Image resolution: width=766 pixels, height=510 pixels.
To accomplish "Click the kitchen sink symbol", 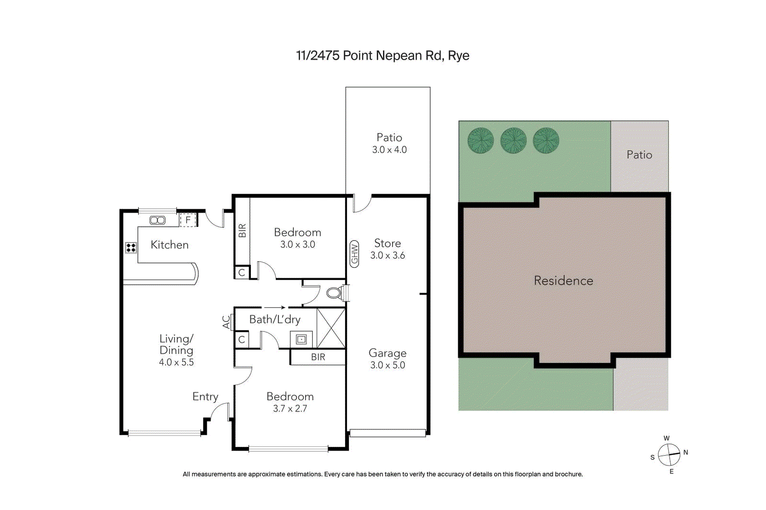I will (158, 220).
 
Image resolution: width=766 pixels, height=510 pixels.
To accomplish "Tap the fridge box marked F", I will (188, 220).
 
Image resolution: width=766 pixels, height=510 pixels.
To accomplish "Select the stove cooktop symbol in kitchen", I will (131, 248).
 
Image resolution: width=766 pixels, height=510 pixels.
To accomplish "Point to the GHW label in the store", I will (354, 254).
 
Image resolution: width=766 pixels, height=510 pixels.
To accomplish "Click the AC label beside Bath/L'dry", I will (226, 322).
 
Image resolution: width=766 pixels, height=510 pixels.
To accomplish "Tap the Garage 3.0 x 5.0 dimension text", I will (387, 365).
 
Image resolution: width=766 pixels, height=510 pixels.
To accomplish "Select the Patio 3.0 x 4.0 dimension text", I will (389, 150).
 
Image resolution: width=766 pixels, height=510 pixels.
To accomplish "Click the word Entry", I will (205, 397).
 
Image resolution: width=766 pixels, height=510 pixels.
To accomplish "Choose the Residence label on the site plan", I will (563, 281).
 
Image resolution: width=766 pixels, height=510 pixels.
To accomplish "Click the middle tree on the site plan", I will (513, 140).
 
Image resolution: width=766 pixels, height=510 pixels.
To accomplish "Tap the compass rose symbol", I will (669, 455).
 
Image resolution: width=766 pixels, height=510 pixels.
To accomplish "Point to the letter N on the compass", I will (686, 452).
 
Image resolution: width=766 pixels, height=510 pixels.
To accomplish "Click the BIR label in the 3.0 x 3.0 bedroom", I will (242, 231).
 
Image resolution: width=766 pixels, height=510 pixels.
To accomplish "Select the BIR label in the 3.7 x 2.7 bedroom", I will (318, 357).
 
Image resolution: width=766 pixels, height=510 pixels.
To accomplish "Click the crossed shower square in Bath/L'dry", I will (331, 328).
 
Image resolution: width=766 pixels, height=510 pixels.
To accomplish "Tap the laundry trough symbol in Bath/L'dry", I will (301, 340).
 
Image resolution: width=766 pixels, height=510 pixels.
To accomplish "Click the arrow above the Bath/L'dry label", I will (275, 308).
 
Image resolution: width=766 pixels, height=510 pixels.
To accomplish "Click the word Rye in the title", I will (459, 56).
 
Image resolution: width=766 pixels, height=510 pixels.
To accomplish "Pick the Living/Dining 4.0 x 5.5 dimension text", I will (176, 363).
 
